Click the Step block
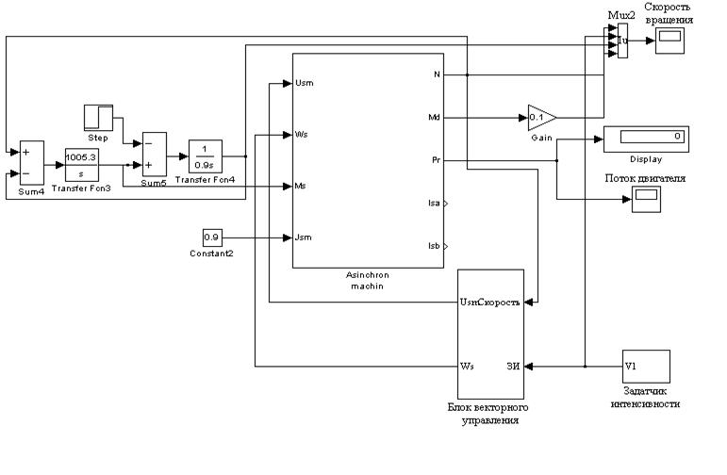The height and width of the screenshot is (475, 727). click(x=98, y=118)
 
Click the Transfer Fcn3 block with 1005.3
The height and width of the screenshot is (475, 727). click(x=81, y=163)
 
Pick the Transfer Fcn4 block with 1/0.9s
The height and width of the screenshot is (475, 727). click(x=204, y=155)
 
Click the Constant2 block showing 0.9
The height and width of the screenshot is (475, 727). click(x=212, y=237)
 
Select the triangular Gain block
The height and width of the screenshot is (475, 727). click(x=540, y=118)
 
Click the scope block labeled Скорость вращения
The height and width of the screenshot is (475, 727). click(x=670, y=41)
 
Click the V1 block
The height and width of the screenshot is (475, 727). click(x=645, y=365)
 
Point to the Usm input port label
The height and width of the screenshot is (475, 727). click(x=304, y=83)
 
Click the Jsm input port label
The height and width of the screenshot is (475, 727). click(x=303, y=237)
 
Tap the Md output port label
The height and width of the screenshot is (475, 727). click(x=433, y=118)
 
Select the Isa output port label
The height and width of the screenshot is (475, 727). click(x=431, y=203)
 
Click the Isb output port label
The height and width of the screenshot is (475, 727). click(x=431, y=246)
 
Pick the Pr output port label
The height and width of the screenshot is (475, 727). click(x=435, y=161)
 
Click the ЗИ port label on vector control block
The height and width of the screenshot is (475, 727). click(x=513, y=366)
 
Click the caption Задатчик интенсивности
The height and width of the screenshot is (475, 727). click(x=645, y=397)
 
